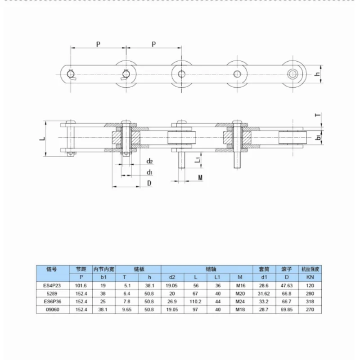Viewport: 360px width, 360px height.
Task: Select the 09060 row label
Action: point(53,310)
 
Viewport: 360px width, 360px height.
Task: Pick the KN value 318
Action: point(310,301)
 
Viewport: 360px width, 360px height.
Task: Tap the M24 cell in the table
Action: point(240,301)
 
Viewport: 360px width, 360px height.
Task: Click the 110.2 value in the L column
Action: point(195,301)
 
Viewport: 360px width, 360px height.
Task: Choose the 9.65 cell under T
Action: point(127,310)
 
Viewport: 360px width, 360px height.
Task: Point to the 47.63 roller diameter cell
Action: point(287,286)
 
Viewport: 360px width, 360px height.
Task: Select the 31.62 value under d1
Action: point(264,294)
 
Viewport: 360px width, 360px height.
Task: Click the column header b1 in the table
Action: point(103,277)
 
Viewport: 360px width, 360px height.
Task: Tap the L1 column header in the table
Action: point(217,277)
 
